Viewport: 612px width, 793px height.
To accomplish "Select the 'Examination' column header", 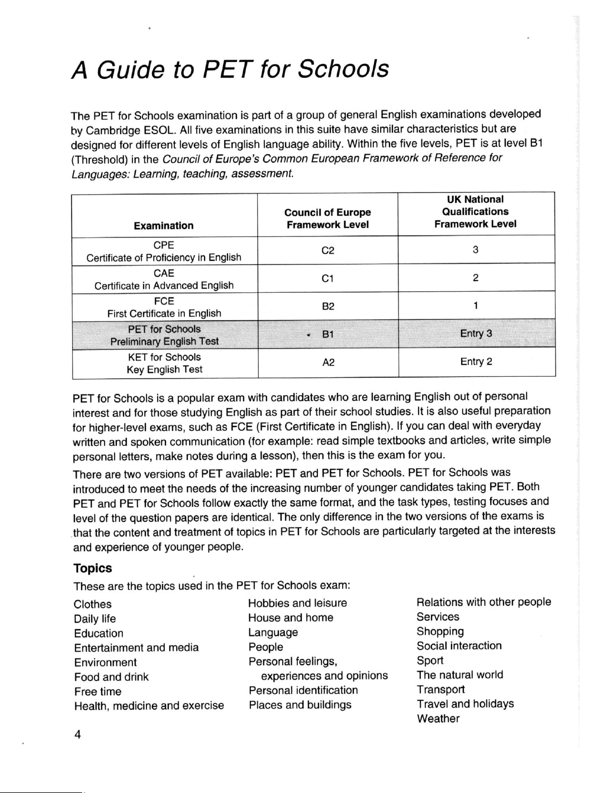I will [x=164, y=226].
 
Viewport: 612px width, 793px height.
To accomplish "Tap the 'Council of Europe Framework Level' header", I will [x=328, y=219].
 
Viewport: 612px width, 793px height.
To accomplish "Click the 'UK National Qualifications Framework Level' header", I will [x=475, y=212].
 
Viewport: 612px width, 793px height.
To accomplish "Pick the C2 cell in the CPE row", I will [x=328, y=251].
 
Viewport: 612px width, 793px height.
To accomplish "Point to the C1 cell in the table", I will [x=328, y=278].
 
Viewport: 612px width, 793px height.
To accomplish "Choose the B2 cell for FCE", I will [x=328, y=307].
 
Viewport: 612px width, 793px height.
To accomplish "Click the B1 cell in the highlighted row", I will [x=328, y=334].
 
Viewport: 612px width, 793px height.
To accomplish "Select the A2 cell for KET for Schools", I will [x=328, y=363].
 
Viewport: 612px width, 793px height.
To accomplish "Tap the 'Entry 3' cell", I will [x=476, y=334].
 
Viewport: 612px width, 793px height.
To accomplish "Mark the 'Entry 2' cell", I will [x=476, y=362].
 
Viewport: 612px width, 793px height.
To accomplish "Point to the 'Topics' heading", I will [x=93, y=568].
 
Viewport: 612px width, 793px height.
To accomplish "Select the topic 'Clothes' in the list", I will [x=93, y=604].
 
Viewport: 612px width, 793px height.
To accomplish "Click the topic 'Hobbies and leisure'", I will [x=297, y=603].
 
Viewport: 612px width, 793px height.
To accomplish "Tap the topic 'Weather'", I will [x=438, y=719].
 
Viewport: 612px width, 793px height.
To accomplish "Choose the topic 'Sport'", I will [x=430, y=661].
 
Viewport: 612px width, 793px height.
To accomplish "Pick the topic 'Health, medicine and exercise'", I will [x=149, y=706].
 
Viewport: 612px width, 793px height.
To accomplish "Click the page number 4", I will [x=78, y=735].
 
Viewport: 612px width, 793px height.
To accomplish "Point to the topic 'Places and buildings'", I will [x=300, y=705].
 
